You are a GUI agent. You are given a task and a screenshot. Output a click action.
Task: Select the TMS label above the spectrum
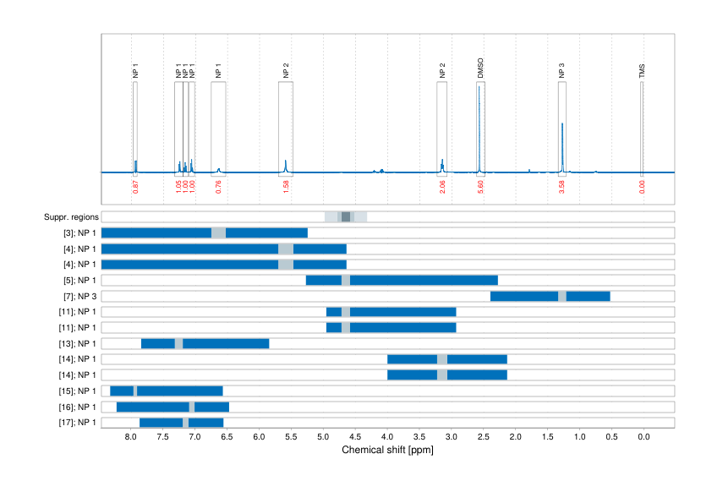(x=642, y=71)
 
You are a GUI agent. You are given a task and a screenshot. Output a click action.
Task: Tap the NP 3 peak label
(x=561, y=71)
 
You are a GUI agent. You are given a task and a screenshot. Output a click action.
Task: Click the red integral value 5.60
(x=480, y=187)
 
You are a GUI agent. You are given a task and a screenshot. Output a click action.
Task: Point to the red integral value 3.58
(x=561, y=187)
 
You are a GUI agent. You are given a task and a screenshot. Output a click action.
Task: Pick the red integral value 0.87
(x=135, y=187)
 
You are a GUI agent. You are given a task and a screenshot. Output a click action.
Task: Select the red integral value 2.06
(x=442, y=187)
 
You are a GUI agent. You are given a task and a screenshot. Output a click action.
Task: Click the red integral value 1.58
(x=286, y=187)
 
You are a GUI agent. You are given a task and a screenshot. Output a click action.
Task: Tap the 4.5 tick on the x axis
(x=355, y=437)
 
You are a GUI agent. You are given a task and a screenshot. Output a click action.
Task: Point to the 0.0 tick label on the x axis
(x=643, y=437)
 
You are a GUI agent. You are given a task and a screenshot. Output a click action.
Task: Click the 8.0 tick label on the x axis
(x=130, y=437)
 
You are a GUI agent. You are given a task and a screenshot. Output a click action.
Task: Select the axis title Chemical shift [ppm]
(x=387, y=450)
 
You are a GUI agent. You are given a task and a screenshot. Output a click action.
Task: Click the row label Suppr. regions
(x=71, y=217)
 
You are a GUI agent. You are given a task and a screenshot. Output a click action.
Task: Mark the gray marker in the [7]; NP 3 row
(x=562, y=296)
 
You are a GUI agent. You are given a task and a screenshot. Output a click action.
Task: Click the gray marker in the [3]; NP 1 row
(x=219, y=232)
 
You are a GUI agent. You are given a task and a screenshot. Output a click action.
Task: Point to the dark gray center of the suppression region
(x=346, y=217)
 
